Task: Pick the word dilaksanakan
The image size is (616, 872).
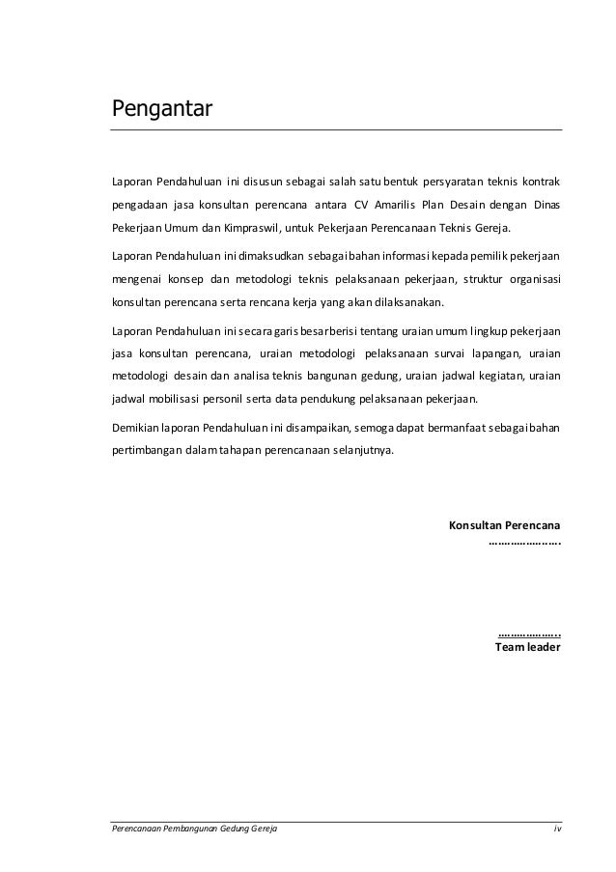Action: [x=404, y=303]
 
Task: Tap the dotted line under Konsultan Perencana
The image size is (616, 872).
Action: [x=525, y=544]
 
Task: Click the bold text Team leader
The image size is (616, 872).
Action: [x=529, y=648]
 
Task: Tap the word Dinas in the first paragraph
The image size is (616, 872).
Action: [x=545, y=205]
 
